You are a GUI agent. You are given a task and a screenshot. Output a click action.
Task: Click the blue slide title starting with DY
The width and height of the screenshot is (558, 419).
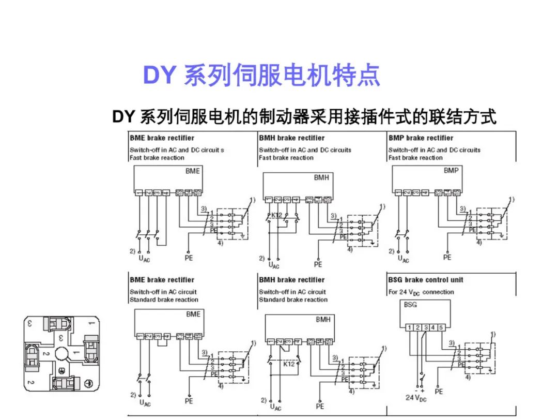(261, 76)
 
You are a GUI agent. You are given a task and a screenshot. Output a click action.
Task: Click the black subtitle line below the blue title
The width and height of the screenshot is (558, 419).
(304, 117)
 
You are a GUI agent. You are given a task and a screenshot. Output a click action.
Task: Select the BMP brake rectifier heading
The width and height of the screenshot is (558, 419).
(421, 138)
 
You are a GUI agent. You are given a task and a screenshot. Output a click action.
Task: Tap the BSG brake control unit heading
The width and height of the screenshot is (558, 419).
(426, 280)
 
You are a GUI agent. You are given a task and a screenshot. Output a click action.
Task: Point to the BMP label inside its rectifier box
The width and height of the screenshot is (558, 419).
(451, 171)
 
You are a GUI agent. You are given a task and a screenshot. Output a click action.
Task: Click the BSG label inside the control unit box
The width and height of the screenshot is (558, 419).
(411, 305)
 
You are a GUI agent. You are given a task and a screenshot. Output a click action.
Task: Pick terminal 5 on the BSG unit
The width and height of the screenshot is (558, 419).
(441, 327)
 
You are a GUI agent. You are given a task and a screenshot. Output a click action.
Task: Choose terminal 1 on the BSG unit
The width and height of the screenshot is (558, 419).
(409, 327)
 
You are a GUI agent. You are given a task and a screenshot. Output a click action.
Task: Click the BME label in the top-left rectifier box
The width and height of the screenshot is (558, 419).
(192, 171)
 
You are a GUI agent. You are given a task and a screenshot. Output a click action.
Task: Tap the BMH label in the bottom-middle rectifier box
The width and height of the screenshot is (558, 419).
(323, 320)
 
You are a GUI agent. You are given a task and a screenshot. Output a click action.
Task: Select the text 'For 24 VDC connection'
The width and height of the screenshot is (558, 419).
(421, 292)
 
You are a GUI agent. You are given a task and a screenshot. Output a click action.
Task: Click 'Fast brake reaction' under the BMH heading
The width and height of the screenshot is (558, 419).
(286, 158)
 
